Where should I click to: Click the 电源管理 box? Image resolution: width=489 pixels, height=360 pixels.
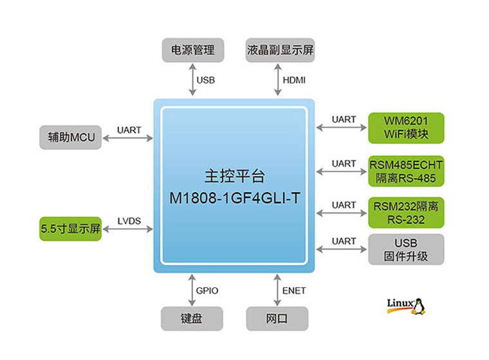point(192,50)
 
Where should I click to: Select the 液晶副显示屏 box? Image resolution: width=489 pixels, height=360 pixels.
point(280,50)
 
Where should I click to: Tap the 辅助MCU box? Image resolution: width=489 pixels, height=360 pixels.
point(70,137)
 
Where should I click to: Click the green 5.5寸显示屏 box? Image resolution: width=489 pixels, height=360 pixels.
point(70,229)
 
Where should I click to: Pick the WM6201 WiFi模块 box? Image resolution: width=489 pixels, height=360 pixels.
point(406,128)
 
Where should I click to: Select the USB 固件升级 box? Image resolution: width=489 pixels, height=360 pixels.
point(406,249)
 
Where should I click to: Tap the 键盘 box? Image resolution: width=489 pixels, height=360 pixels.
point(192,318)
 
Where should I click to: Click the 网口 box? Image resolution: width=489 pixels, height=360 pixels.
point(277,318)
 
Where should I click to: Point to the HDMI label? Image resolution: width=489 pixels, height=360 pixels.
point(294,80)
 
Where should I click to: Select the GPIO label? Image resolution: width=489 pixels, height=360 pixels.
point(207,291)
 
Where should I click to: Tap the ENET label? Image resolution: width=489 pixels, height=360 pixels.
point(293,291)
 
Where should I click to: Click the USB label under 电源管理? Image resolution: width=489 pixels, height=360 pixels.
point(206,80)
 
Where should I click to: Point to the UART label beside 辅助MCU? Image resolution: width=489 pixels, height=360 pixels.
point(129,130)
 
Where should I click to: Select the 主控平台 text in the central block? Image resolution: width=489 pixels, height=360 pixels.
point(234,175)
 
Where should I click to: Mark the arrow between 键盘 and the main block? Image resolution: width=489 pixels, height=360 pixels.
point(191,291)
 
